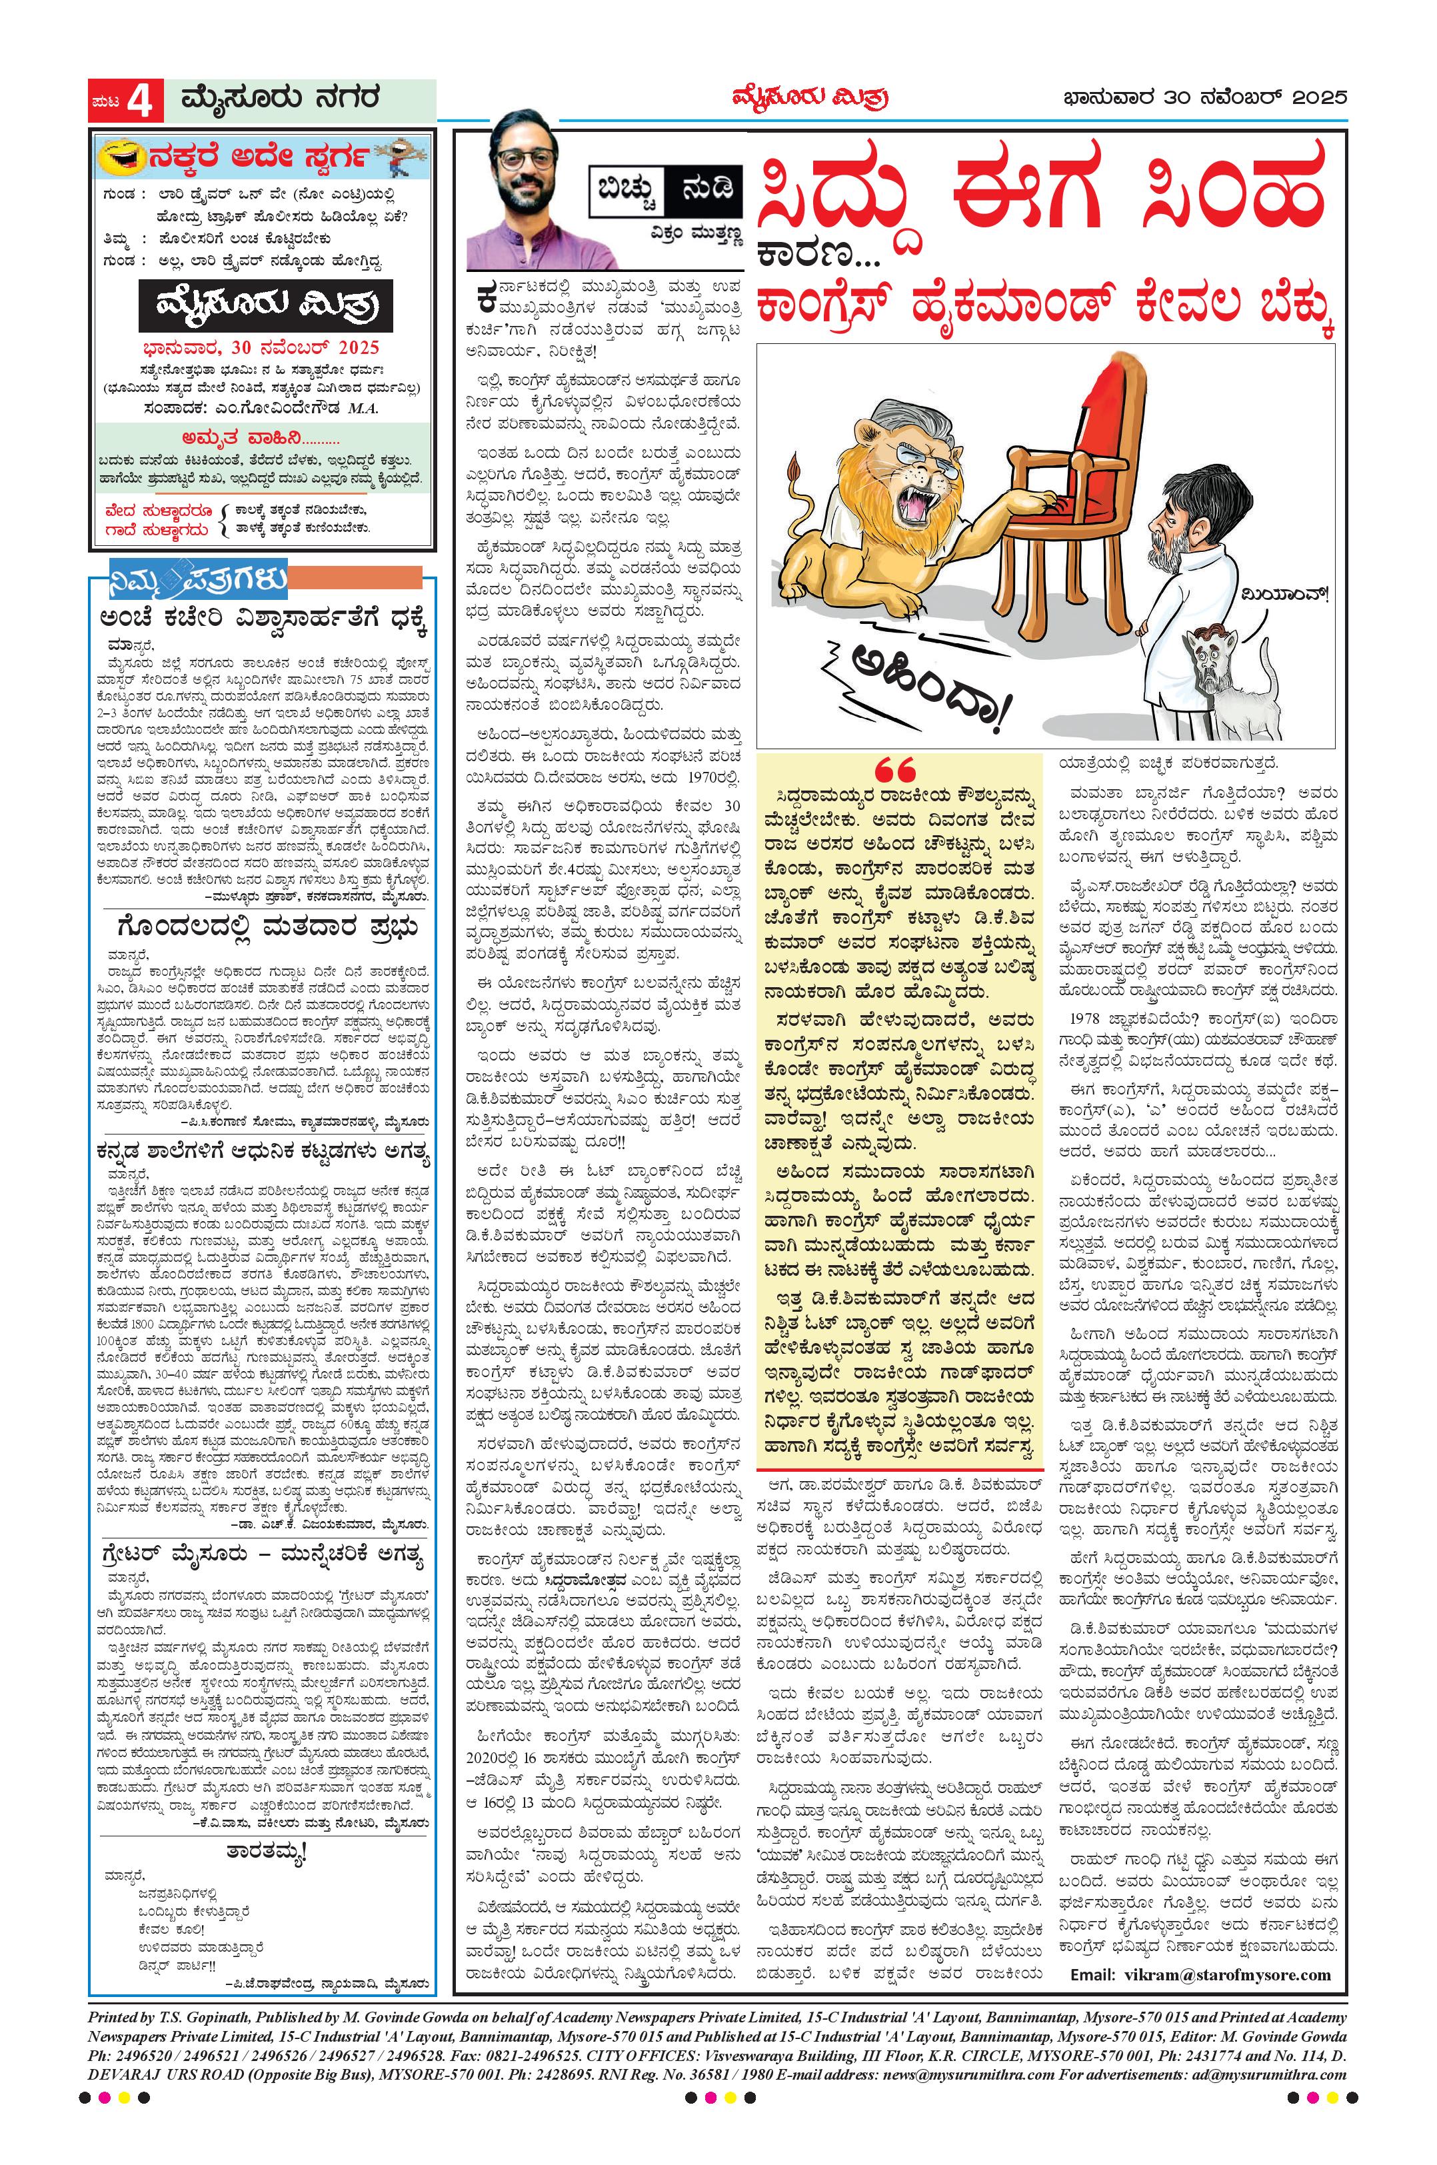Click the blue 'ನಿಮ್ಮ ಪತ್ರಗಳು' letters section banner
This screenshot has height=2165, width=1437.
pos(198,579)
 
